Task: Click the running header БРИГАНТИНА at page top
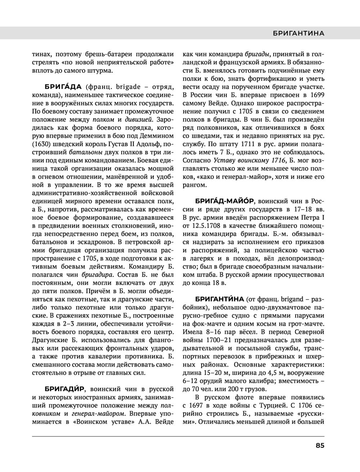pyautogui.click(x=298, y=33)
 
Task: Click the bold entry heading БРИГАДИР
pyautogui.click(x=64, y=389)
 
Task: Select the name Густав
pyautogui.click(x=122, y=144)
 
